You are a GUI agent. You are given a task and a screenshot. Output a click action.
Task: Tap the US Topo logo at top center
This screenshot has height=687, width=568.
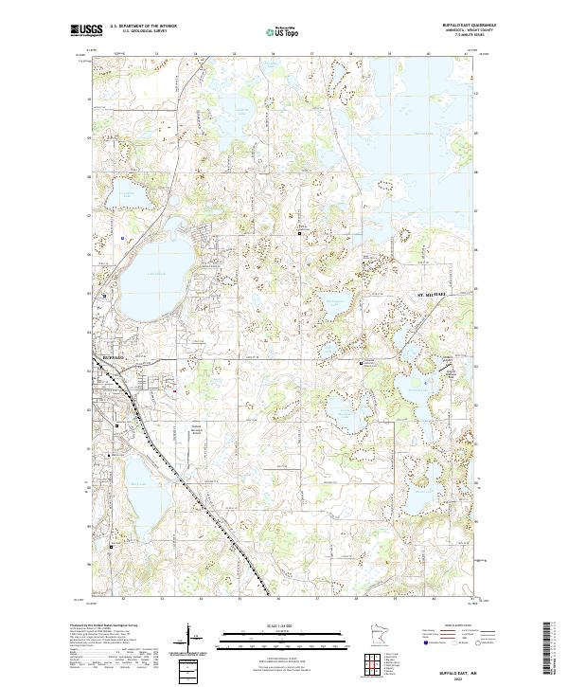point(283,31)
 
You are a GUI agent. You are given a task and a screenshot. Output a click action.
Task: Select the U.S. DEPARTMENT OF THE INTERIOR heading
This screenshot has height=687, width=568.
point(143,27)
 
